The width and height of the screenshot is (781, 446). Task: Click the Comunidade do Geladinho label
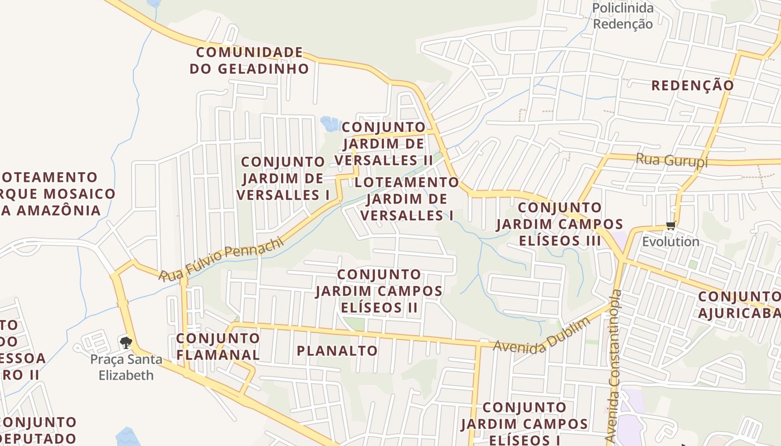[x=249, y=61]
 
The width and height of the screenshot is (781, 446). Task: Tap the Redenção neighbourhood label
[x=693, y=85]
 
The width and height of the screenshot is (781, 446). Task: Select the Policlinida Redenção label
[x=623, y=16]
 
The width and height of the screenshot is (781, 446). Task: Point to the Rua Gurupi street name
[x=672, y=161]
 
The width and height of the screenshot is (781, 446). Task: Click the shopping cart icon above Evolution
[x=671, y=226]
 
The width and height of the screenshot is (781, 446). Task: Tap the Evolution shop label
[x=671, y=241]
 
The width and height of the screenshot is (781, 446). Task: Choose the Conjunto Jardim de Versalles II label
[x=384, y=143]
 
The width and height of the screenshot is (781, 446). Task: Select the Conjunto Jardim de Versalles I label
[x=283, y=178]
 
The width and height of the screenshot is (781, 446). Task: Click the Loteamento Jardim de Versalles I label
[x=407, y=198]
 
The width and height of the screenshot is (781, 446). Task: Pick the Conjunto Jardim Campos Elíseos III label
[x=560, y=224]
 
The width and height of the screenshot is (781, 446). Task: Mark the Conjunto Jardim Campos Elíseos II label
[x=379, y=291]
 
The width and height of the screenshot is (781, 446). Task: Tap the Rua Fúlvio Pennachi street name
[x=221, y=260]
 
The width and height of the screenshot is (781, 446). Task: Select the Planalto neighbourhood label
[x=337, y=351]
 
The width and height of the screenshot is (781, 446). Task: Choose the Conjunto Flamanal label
[x=218, y=346]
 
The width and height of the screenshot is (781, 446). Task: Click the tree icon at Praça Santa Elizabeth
[x=126, y=342]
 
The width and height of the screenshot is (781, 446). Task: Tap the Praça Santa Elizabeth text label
[x=126, y=367]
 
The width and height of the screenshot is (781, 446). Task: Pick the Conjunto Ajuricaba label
[x=739, y=304]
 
